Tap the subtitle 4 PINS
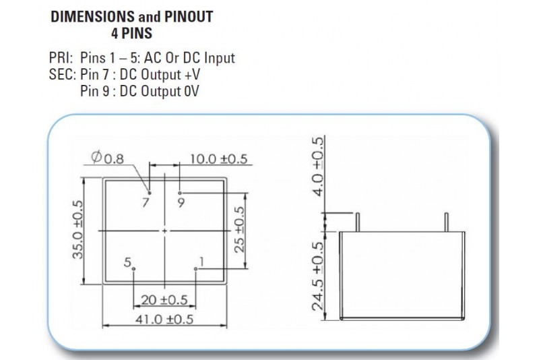pyautogui.click(x=131, y=32)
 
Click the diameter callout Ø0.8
pyautogui.click(x=108, y=159)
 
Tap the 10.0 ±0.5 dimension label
pyautogui.click(x=218, y=159)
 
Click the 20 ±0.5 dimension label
pyautogui.click(x=164, y=300)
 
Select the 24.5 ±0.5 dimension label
pyautogui.click(x=319, y=275)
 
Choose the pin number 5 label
pyautogui.click(x=127, y=262)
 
